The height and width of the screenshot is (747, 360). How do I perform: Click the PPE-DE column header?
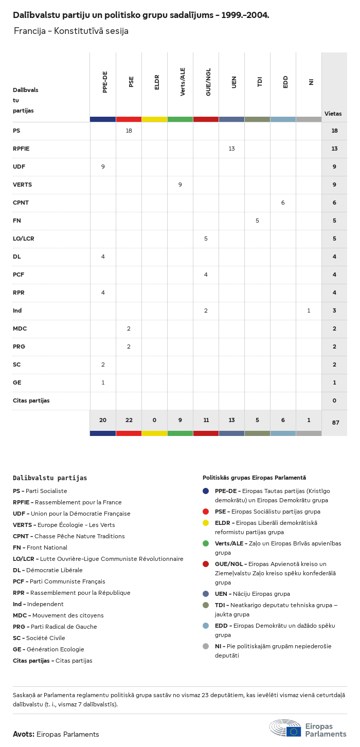[105, 82]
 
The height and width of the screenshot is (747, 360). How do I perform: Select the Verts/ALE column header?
[183, 82]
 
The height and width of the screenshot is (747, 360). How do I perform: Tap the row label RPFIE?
[21, 149]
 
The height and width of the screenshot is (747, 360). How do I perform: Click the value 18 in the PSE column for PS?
[129, 131]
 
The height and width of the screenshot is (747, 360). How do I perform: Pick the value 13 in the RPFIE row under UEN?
[231, 149]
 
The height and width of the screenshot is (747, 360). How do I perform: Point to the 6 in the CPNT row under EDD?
[283, 203]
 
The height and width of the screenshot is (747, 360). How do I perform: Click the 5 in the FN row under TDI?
[257, 221]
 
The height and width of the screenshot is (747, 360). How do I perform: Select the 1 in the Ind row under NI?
[309, 311]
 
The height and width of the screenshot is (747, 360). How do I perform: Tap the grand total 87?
[335, 423]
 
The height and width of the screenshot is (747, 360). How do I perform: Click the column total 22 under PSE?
[129, 420]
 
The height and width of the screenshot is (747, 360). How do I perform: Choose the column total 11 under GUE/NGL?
[206, 420]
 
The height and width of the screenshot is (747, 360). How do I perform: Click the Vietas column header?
[333, 114]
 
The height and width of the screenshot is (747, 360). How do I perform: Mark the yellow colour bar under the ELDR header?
[154, 119]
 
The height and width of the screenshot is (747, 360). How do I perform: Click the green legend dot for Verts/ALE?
[206, 543]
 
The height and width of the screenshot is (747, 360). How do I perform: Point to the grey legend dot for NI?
[206, 646]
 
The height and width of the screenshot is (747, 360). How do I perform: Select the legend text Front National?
[47, 548]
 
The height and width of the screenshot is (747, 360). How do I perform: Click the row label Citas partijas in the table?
[31, 400]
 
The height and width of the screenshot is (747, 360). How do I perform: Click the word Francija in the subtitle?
[28, 31]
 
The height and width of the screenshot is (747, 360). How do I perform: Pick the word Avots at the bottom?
[23, 734]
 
